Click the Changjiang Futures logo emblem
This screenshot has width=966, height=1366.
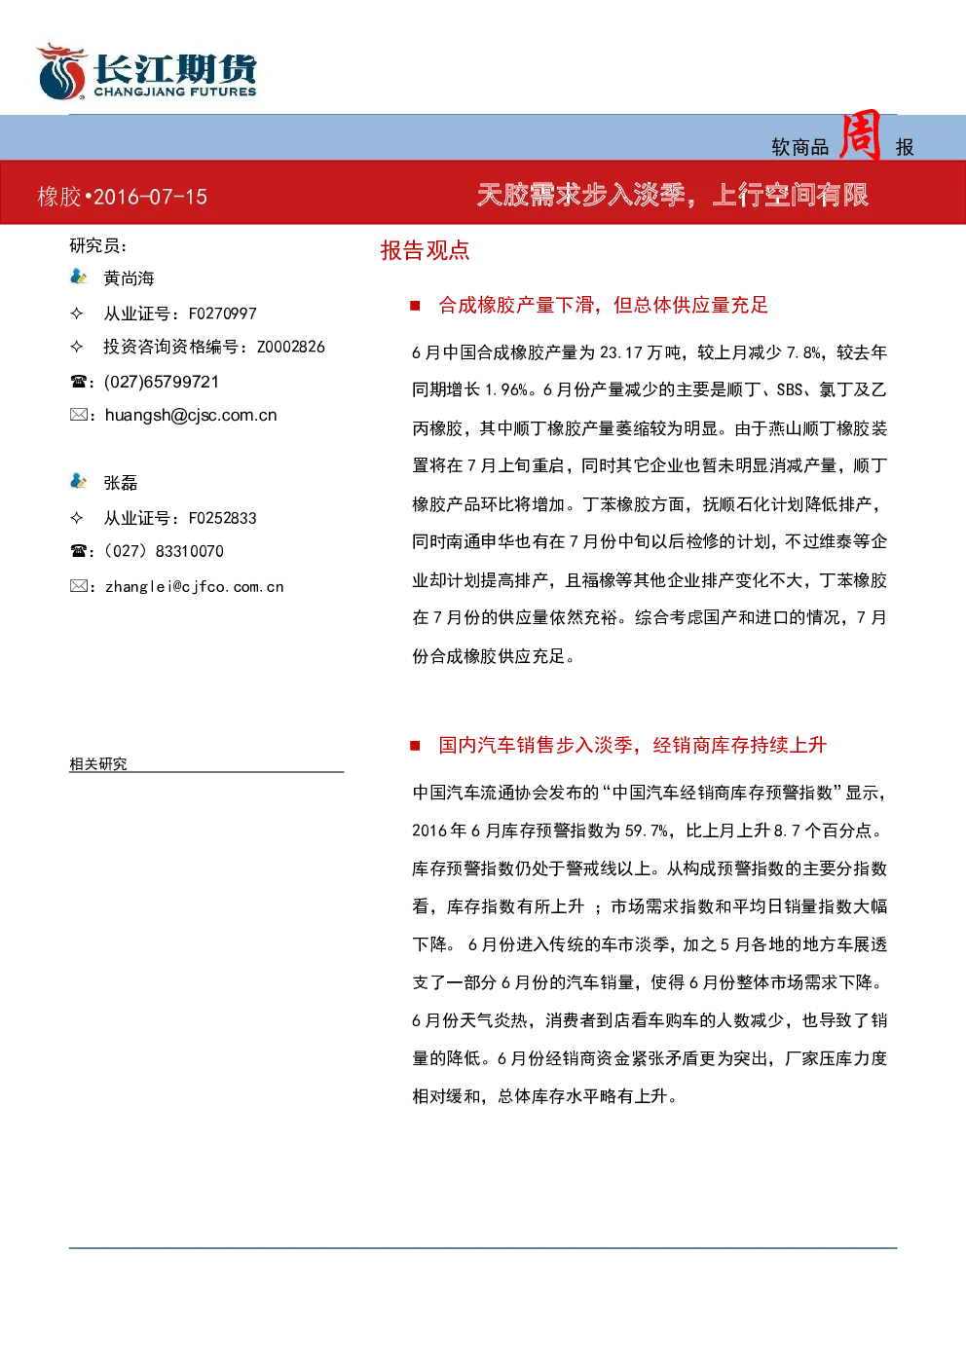click(x=61, y=71)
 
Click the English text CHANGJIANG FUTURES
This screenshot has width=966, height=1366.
click(x=175, y=92)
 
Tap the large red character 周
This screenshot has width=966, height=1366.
click(x=861, y=134)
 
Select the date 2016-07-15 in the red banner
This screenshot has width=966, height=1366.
click(x=151, y=197)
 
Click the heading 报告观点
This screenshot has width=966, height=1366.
click(x=426, y=250)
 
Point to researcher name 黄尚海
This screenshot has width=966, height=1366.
click(x=129, y=278)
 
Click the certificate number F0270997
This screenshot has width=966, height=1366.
click(x=223, y=314)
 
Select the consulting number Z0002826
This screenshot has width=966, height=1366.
click(x=291, y=347)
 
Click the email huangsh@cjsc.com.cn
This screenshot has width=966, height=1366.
click(x=191, y=416)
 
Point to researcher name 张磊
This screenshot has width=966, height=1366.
click(x=121, y=483)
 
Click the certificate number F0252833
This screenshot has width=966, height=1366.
click(x=223, y=518)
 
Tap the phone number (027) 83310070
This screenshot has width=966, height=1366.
click(x=164, y=551)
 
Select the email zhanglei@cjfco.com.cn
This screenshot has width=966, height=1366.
click(x=195, y=587)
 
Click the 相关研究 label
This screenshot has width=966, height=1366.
click(x=98, y=763)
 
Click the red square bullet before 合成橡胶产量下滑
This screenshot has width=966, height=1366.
click(x=415, y=306)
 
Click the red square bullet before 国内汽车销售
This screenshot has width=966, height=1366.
click(x=415, y=745)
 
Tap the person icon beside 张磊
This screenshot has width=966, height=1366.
click(x=78, y=481)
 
